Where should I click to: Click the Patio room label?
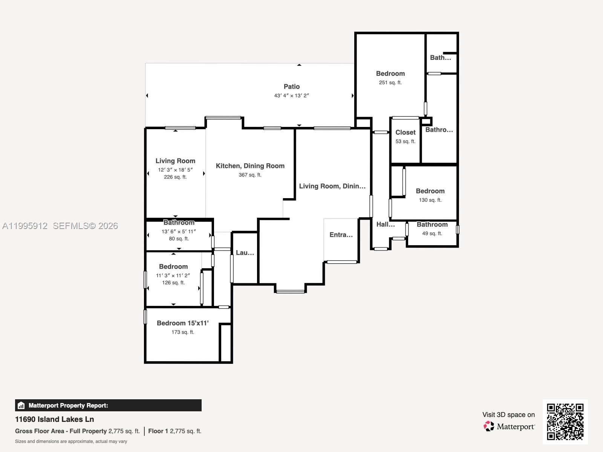click(292, 87)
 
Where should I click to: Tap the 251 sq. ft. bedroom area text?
click(390, 82)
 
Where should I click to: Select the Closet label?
click(406, 132)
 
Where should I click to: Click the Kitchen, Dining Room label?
click(250, 166)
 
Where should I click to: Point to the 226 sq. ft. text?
click(175, 177)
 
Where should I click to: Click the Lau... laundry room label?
click(245, 253)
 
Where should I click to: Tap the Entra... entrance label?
click(341, 235)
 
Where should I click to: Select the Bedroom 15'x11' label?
click(183, 323)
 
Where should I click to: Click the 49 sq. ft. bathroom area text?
click(432, 234)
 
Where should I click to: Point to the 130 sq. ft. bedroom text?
click(430, 200)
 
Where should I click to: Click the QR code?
click(565, 421)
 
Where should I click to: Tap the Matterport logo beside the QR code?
click(509, 426)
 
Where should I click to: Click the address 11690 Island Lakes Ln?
click(55, 419)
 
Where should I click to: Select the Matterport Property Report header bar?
click(108, 405)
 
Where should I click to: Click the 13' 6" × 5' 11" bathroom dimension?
click(179, 232)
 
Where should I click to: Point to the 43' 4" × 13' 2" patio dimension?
click(291, 96)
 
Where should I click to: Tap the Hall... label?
click(386, 224)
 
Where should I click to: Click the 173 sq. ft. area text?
click(183, 332)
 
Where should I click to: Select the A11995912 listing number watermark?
click(25, 226)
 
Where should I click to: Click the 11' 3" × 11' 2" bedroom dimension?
click(173, 276)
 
